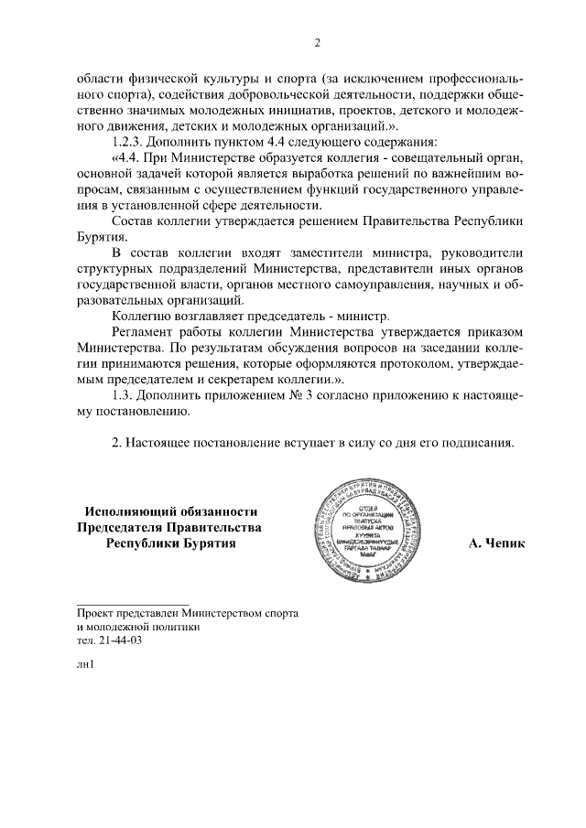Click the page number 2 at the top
pyautogui.click(x=316, y=43)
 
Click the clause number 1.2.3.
pyautogui.click(x=129, y=142)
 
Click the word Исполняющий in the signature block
pyautogui.click(x=129, y=511)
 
